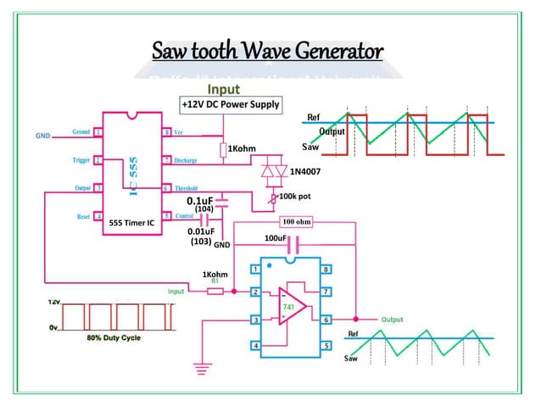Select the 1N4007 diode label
306,172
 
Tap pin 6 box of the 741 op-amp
326,320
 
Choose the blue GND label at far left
43,136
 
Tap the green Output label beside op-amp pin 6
392,320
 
